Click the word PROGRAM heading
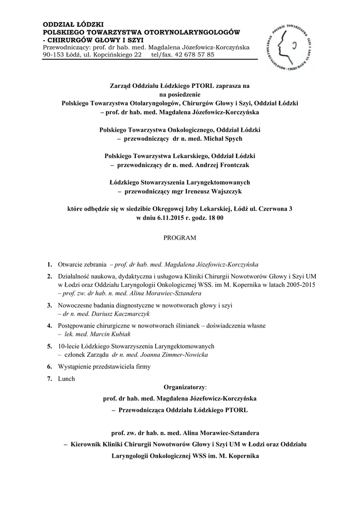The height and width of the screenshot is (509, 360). point(180,238)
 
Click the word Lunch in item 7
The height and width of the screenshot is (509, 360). point(66,379)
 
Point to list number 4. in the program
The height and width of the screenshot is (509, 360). point(50,326)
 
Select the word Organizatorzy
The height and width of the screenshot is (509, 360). point(184,386)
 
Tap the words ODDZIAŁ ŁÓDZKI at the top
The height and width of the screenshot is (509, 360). point(73,24)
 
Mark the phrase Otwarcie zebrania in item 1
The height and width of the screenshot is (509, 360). point(82,264)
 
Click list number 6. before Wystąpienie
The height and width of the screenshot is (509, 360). point(50,366)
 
